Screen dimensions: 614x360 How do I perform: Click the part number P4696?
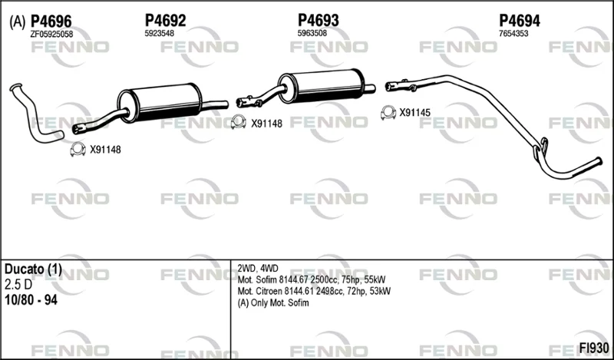point(51,21)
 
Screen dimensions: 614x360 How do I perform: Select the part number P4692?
point(165,21)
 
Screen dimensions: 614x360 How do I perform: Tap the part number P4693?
point(319,20)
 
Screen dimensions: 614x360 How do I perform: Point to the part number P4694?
point(520,21)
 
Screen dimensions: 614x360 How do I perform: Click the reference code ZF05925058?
point(51,34)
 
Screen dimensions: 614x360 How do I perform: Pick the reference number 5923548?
point(160,33)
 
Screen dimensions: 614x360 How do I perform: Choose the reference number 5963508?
point(312,33)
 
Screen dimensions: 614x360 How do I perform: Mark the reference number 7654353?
point(513,34)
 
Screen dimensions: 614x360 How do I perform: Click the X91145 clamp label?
point(414,113)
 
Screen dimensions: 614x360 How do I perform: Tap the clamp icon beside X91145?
point(388,113)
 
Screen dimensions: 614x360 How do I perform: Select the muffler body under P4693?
point(321,86)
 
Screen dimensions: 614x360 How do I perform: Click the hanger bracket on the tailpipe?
point(541,150)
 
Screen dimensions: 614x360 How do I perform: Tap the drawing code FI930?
point(594,348)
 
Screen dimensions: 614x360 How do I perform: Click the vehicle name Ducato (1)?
point(33,269)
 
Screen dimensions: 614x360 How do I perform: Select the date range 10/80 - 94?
point(31,300)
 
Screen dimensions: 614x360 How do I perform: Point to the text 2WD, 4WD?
point(258,269)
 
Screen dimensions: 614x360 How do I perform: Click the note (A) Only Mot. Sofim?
point(273,302)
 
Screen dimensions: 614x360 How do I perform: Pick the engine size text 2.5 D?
point(18,285)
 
